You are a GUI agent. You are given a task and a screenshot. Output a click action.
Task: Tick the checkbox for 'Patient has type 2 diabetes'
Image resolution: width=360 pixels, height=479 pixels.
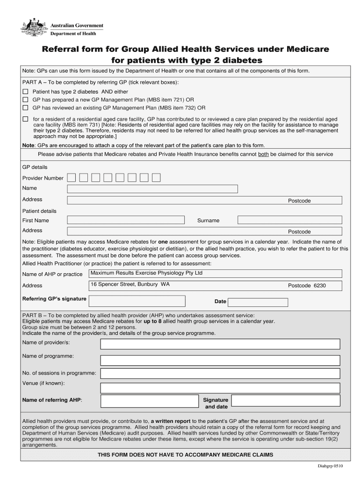(x=26, y=92)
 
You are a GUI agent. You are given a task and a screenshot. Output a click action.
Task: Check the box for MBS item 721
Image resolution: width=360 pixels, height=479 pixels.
(x=26, y=100)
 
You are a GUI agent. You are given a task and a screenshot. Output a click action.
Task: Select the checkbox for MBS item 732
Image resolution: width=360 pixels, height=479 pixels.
(x=26, y=107)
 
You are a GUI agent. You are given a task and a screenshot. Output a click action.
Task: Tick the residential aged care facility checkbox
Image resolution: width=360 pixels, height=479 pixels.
(x=26, y=119)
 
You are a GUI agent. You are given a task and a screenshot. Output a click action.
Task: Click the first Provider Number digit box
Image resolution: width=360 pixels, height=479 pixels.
(x=71, y=177)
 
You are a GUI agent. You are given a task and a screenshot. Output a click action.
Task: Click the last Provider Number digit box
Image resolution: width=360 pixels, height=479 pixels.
(x=156, y=177)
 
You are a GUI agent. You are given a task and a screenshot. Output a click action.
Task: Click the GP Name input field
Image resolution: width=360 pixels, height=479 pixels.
(x=152, y=189)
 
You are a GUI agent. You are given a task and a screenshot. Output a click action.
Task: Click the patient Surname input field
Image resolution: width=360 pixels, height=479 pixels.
(x=289, y=220)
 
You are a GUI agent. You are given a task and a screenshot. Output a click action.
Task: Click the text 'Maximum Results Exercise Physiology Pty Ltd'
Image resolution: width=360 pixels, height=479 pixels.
(x=146, y=273)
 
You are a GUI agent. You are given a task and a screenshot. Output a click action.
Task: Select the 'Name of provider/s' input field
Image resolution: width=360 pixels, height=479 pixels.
(x=220, y=344)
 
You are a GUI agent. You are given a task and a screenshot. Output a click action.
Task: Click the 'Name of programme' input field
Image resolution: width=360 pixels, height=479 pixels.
(x=220, y=361)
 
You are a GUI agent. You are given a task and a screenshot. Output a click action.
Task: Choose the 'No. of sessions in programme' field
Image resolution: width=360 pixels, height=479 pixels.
(x=220, y=374)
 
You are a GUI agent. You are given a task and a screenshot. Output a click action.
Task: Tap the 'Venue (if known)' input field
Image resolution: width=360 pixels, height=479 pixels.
(x=220, y=388)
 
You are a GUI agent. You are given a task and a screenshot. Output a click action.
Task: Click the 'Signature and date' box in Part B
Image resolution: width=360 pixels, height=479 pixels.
(x=286, y=401)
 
